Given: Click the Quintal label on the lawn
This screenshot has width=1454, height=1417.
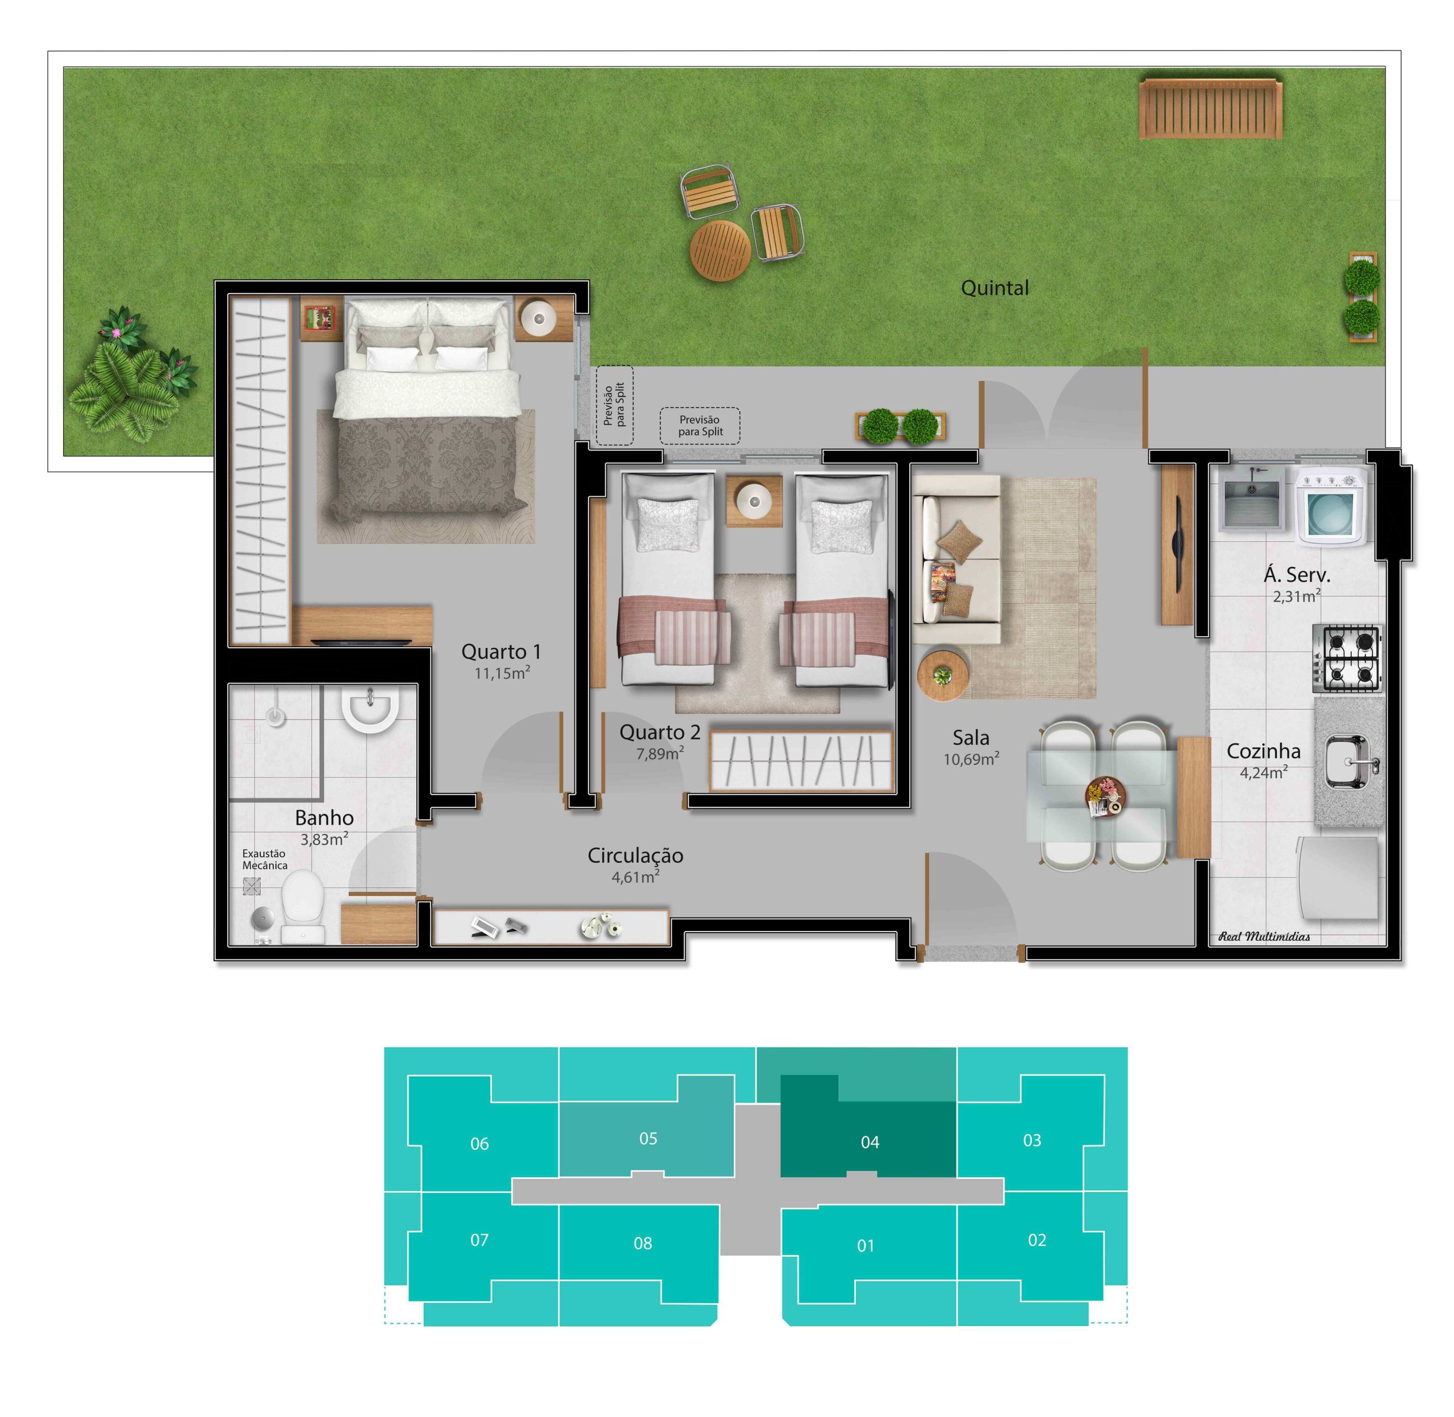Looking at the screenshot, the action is [x=995, y=288].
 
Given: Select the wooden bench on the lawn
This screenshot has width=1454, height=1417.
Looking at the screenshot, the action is [x=1210, y=109].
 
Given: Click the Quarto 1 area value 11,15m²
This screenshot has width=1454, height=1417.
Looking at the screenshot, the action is [x=502, y=674].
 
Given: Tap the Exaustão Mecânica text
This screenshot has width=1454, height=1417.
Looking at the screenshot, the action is [x=265, y=859].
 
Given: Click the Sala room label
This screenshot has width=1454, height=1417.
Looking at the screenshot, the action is [x=971, y=738].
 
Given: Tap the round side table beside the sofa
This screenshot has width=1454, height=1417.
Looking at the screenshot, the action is [x=943, y=676].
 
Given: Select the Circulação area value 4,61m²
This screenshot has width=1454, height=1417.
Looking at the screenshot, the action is [x=635, y=876].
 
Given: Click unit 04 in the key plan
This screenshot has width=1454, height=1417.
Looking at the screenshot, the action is [x=868, y=1142].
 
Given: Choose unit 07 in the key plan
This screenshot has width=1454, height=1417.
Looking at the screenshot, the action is [x=480, y=1240].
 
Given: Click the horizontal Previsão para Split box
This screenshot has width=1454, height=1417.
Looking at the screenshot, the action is [x=700, y=426].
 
